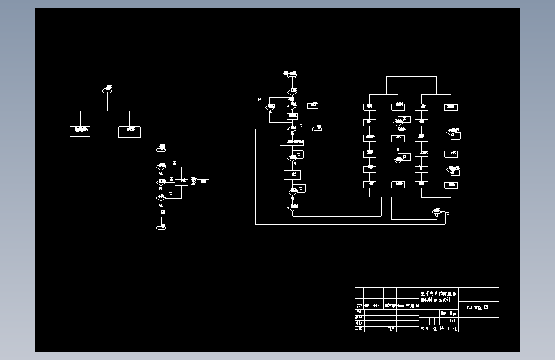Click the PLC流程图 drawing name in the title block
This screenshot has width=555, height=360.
coord(477,307)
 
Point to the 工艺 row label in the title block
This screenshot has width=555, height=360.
coord(359,328)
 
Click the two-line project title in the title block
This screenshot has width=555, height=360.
coord(436,295)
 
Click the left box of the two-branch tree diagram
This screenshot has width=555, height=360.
coord(80,131)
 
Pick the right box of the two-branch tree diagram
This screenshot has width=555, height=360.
coord(129,131)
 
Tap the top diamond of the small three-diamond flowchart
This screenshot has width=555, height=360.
coord(161,168)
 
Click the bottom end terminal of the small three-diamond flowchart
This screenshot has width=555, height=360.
coord(161,227)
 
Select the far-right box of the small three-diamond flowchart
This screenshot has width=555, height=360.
coord(204,183)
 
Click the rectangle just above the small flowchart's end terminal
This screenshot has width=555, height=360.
coord(161,213)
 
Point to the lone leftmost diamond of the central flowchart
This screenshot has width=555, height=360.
coord(269,106)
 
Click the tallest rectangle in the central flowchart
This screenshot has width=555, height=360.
coord(292,174)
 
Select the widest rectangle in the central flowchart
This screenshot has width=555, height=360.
coord(292,142)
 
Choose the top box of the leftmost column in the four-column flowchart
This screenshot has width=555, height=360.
coord(370,106)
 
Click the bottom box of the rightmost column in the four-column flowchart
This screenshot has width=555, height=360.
coord(452,184)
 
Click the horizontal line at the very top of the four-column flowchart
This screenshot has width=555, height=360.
coord(411,76)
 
